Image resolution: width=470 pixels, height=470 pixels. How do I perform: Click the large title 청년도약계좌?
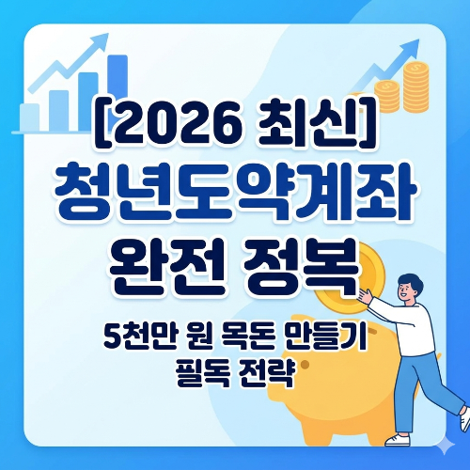coord(235,189)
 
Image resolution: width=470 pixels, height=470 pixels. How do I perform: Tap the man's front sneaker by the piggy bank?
coord(400,438)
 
